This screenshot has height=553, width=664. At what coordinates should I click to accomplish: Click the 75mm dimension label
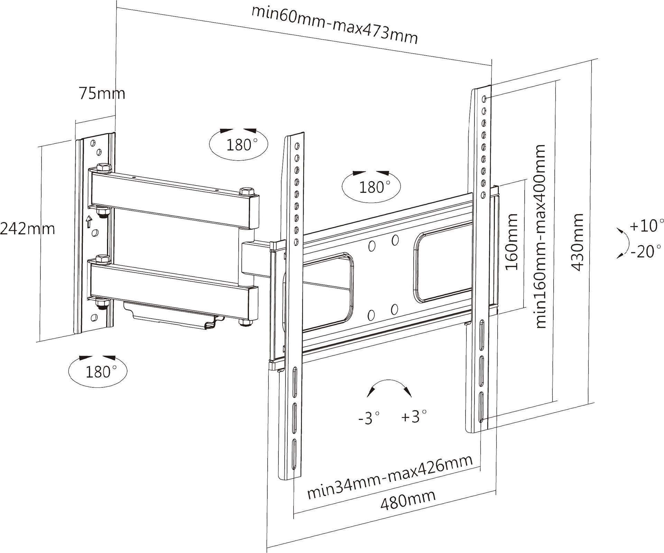pos(102,93)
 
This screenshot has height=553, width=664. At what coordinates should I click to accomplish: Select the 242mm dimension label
pos(28,228)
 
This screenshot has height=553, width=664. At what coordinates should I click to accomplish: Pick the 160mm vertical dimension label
pos(512,242)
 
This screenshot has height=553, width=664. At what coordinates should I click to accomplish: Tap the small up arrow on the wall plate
pos(89,222)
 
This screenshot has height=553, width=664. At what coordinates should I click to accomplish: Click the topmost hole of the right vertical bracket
pos(484,99)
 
